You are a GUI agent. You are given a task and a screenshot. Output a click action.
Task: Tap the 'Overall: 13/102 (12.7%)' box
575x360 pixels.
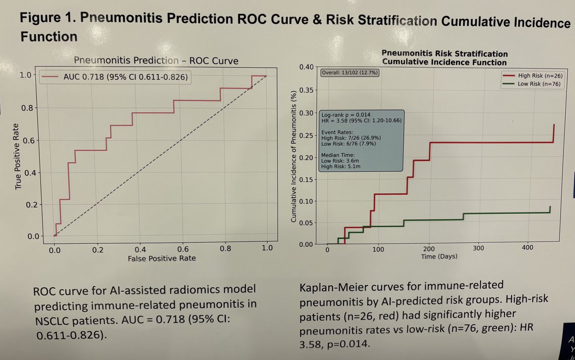point(349,72)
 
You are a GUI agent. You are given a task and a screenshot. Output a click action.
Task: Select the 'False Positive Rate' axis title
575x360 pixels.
point(161,258)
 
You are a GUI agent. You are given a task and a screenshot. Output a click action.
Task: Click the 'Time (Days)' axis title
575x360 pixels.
point(439,256)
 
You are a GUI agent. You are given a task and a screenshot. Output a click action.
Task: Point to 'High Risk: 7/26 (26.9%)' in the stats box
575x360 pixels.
point(351,138)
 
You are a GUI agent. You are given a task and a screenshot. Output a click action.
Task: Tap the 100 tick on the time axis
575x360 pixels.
point(378,250)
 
